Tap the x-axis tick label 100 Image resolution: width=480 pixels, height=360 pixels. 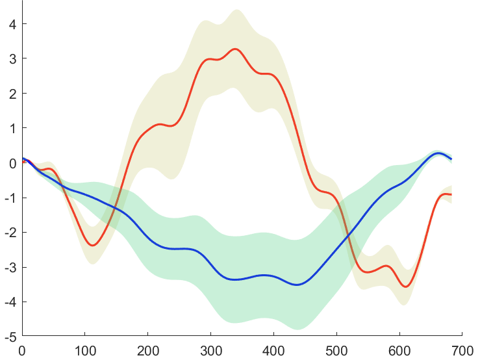(x=85, y=350)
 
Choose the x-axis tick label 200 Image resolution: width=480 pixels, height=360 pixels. (x=148, y=350)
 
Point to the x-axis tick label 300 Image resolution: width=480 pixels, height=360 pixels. (x=210, y=350)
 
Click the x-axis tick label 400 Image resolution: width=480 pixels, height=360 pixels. (x=273, y=350)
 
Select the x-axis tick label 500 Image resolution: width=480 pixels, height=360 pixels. (x=336, y=350)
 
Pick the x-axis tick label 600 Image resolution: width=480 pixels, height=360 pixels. (x=399, y=350)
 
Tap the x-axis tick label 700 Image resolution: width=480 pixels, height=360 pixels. (x=461, y=350)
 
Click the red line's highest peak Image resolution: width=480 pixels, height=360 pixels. (x=235, y=49)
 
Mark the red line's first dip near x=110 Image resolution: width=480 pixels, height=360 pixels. (x=93, y=245)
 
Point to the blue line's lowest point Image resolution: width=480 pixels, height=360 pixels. (x=297, y=285)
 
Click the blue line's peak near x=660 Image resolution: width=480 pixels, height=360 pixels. (x=438, y=153)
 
